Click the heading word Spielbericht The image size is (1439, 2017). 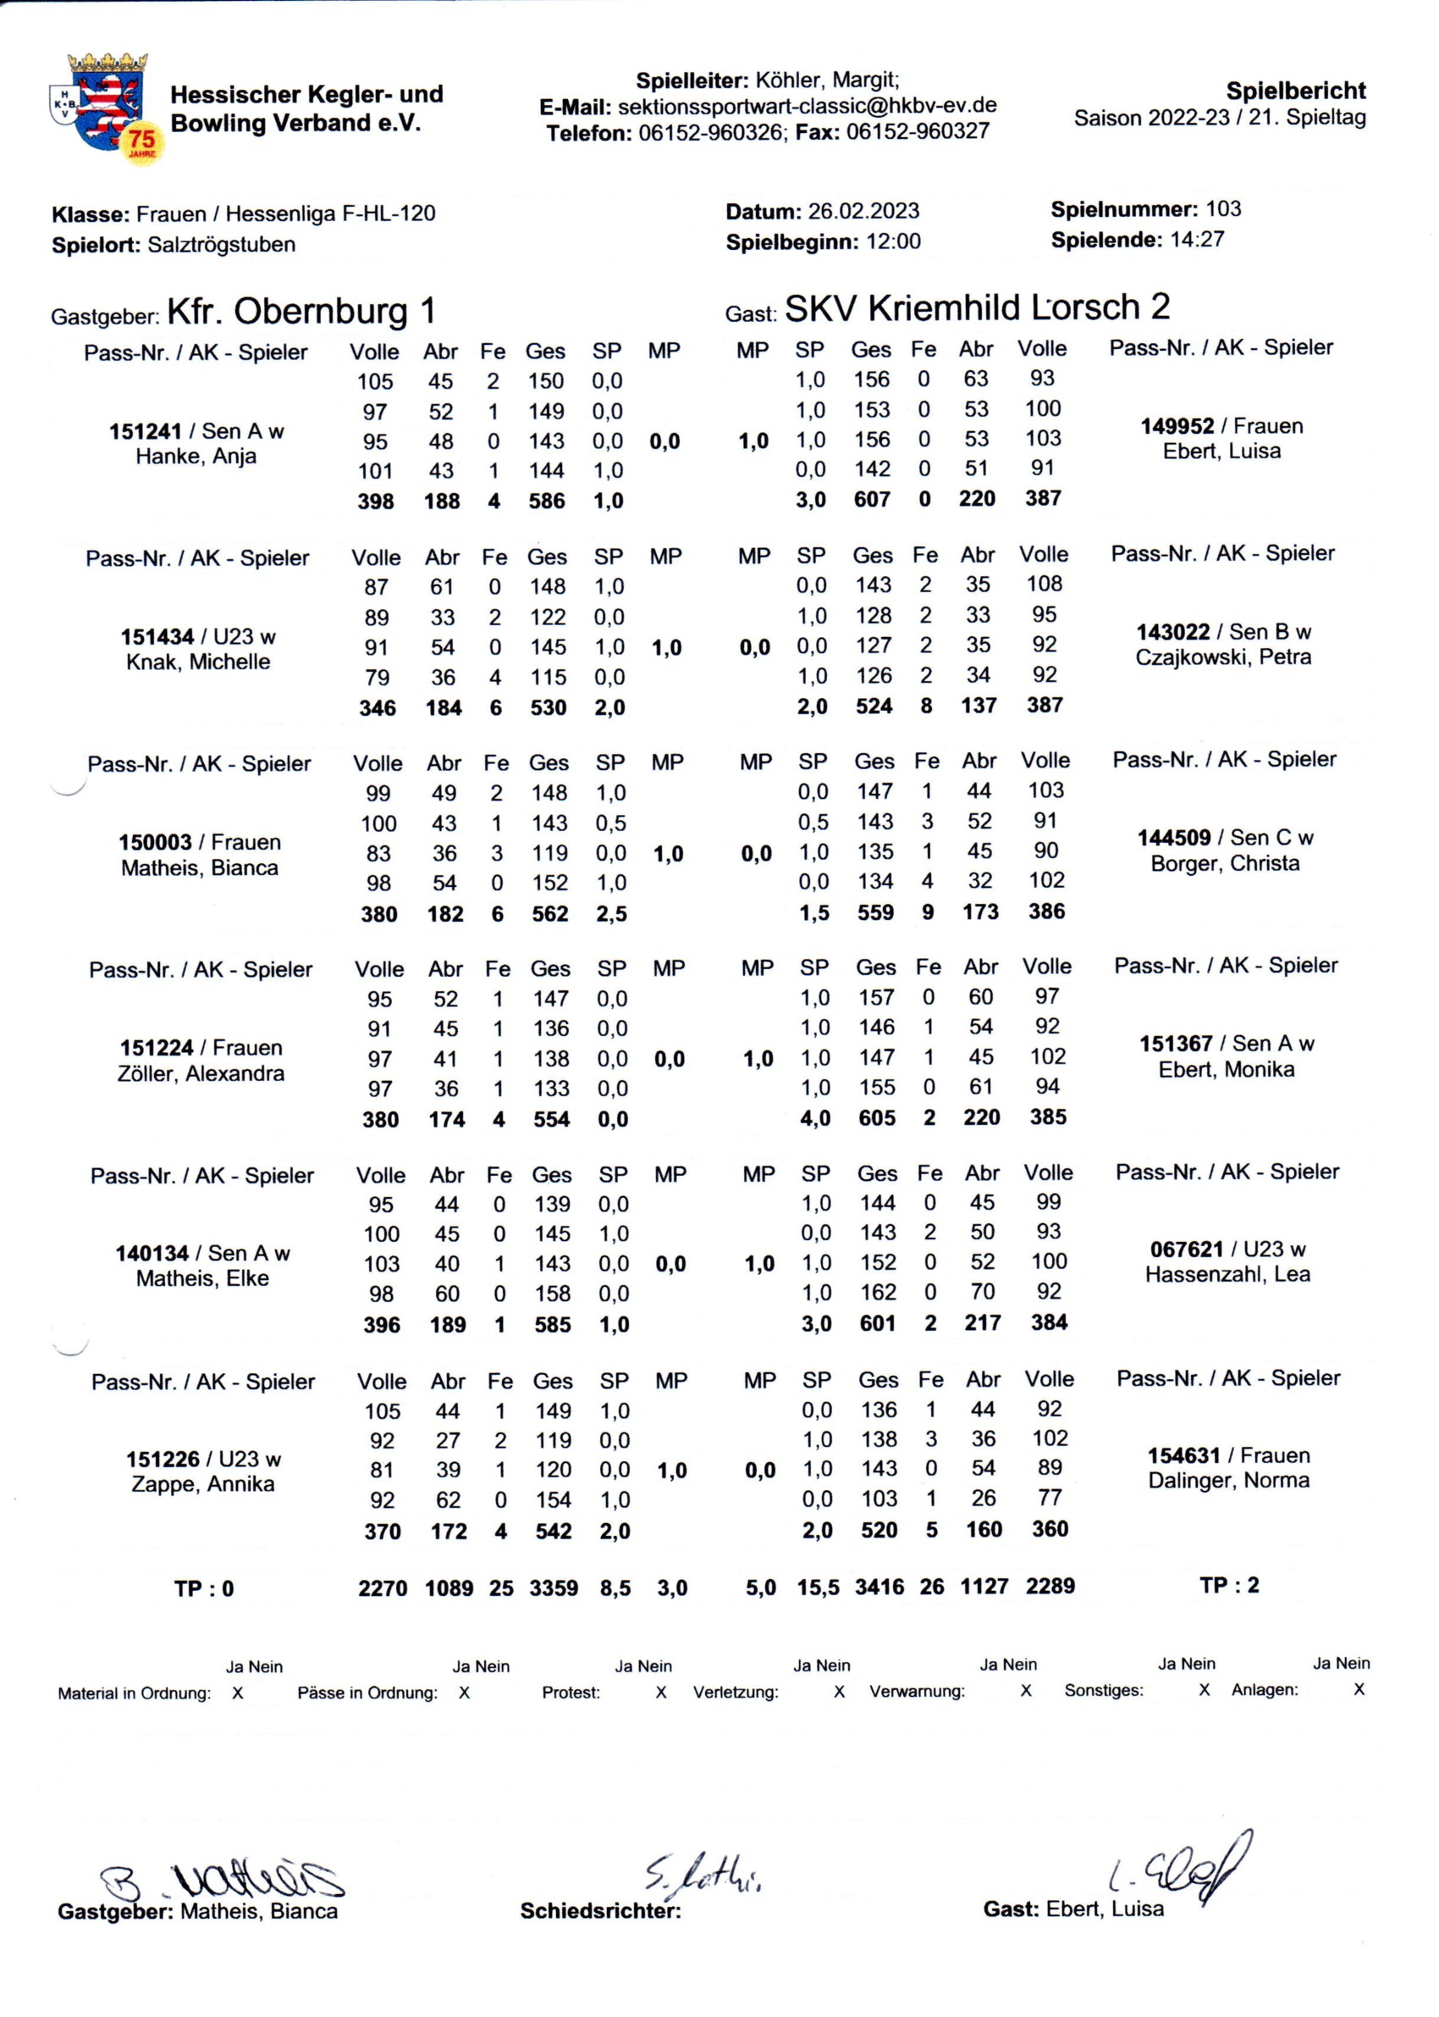point(1294,91)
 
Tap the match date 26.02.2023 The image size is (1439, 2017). point(863,212)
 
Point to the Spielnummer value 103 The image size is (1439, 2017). point(1223,209)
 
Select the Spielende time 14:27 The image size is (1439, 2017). point(1196,240)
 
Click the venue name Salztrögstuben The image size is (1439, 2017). point(222,245)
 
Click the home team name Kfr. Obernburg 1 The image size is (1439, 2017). point(301,311)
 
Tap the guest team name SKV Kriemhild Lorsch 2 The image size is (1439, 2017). point(977,308)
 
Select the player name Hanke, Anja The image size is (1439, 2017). point(196,457)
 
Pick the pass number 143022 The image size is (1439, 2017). point(1173,632)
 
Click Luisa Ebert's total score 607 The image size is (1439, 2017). point(872,499)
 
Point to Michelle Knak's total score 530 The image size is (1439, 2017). point(549,707)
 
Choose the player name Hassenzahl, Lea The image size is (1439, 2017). point(1227,1274)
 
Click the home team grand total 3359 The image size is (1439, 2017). point(554,1588)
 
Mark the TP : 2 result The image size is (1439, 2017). point(1229,1585)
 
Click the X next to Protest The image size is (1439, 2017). point(660,1693)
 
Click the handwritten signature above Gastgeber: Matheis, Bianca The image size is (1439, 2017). point(222,1879)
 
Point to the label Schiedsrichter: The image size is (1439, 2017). point(601,1910)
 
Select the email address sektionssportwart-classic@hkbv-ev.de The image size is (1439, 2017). point(807,107)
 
